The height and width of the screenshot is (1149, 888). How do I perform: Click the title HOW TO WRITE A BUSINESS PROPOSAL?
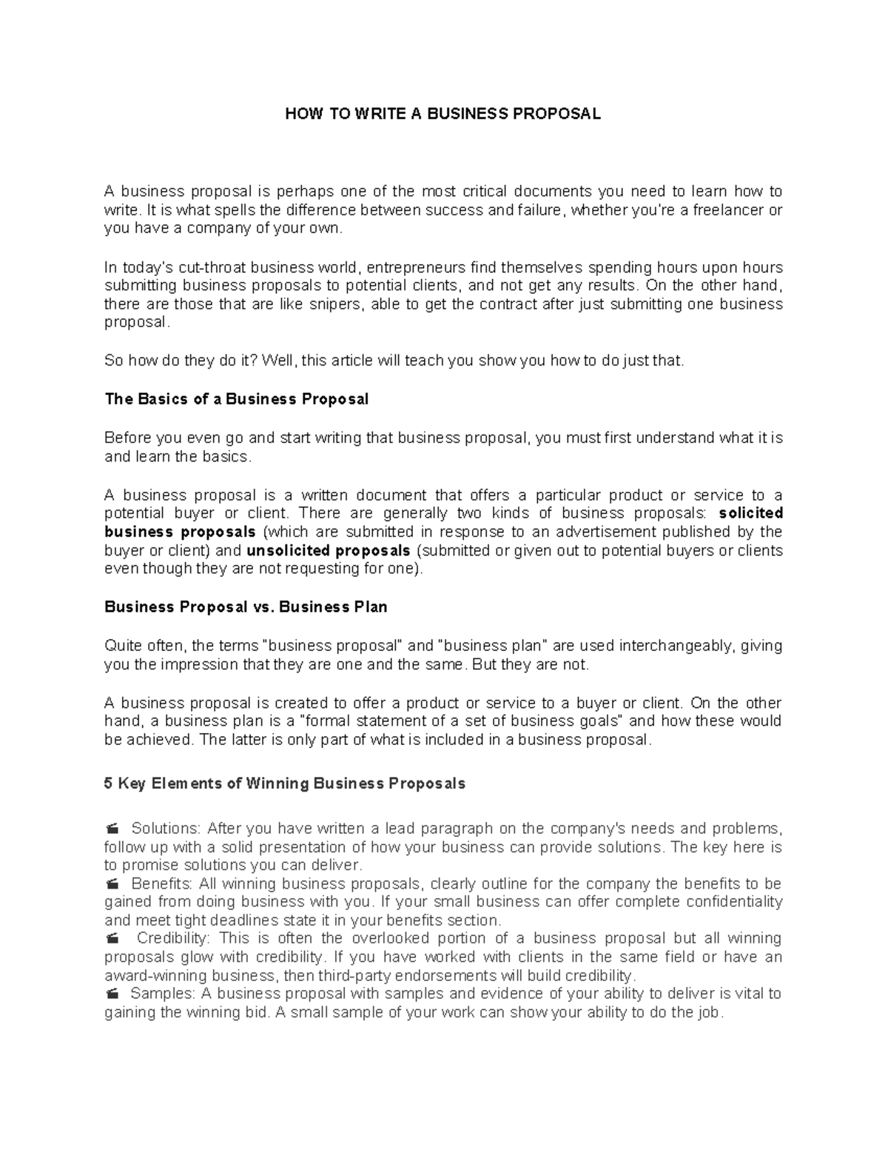coord(443,114)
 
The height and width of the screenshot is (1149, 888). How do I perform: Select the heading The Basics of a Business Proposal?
coord(236,400)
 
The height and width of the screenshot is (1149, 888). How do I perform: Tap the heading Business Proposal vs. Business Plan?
coord(246,607)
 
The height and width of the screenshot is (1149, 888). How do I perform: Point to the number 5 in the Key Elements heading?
coord(109,784)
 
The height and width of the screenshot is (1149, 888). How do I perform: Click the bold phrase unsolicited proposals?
coord(328,550)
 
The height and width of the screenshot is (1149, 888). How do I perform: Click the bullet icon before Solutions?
coord(112,828)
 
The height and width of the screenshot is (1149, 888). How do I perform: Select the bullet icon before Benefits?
coord(112,883)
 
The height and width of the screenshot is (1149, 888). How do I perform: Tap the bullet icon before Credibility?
coord(112,939)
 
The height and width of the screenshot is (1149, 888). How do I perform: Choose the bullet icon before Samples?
coord(112,994)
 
